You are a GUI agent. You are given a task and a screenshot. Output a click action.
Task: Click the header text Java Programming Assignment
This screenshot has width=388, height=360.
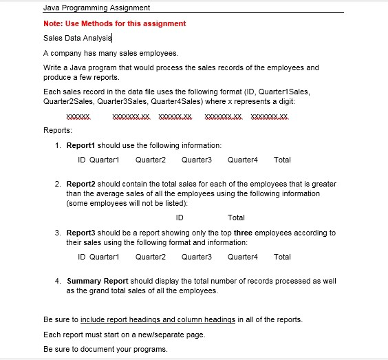click(96, 8)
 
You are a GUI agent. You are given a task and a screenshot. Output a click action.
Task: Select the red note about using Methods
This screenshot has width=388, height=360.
click(114, 23)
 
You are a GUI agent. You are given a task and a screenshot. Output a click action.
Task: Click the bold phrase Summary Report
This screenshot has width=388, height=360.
click(97, 282)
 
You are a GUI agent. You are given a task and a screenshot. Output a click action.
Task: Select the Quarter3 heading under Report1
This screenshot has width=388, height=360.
click(197, 160)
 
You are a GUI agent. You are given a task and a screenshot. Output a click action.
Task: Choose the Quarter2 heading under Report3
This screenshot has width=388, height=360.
click(151, 257)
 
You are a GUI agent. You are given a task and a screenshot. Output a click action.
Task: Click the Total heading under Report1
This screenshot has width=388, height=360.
click(282, 160)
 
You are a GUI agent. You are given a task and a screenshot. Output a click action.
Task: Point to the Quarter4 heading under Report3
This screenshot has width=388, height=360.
click(242, 257)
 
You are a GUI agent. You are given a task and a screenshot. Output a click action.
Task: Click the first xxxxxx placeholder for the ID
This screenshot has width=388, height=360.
click(78, 116)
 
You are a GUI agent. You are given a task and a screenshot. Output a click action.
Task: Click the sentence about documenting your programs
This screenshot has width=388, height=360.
click(105, 349)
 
